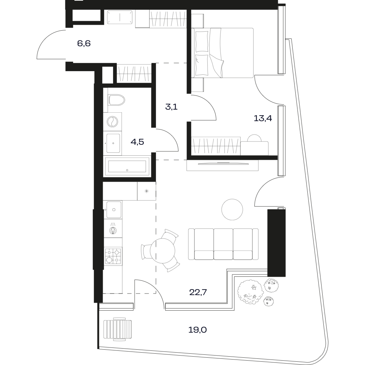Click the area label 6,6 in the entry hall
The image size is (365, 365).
(x=84, y=43)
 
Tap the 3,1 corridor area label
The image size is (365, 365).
(x=171, y=107)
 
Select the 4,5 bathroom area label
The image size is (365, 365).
(x=137, y=141)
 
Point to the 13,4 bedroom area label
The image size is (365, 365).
(x=263, y=118)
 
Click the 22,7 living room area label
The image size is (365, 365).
(x=198, y=292)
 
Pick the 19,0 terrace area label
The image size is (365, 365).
(x=197, y=330)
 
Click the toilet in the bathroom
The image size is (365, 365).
(x=116, y=100)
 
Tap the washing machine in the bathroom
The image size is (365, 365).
(x=112, y=121)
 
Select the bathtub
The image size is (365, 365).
(x=127, y=166)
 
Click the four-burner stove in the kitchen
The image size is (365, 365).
(x=113, y=256)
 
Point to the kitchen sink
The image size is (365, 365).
(x=114, y=210)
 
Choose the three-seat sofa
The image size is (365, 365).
(x=223, y=244)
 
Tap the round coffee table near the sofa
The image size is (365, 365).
(x=232, y=210)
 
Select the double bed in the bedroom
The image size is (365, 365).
(x=223, y=53)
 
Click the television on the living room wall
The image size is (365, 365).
(x=223, y=164)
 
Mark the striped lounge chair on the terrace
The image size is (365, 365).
(x=118, y=329)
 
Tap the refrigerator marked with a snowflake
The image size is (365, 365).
(x=146, y=191)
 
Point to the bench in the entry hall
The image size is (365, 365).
(x=120, y=17)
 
